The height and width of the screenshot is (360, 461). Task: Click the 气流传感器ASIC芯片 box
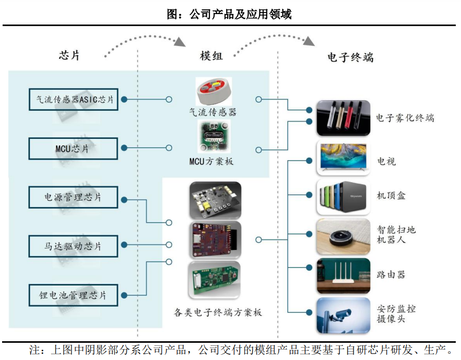[74, 99]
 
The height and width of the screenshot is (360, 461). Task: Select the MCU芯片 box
[74, 148]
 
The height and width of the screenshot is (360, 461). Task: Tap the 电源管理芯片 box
[74, 197]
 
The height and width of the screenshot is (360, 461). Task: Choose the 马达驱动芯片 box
[74, 246]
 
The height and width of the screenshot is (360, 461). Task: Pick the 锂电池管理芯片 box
[74, 295]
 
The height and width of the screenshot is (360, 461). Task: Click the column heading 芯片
[69, 56]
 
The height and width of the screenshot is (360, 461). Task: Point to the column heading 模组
[211, 56]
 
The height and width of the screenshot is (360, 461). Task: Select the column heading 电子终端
[350, 57]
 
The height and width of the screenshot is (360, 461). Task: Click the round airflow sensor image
[213, 92]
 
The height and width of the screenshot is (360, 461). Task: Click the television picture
[343, 157]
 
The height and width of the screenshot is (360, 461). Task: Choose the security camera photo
[343, 316]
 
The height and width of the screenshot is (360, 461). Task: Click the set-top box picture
[343, 197]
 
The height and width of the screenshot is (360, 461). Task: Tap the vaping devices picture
[343, 118]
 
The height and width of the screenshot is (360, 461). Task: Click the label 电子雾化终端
[405, 118]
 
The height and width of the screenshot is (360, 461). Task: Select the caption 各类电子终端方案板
[218, 313]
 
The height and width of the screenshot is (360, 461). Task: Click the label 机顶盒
[392, 196]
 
